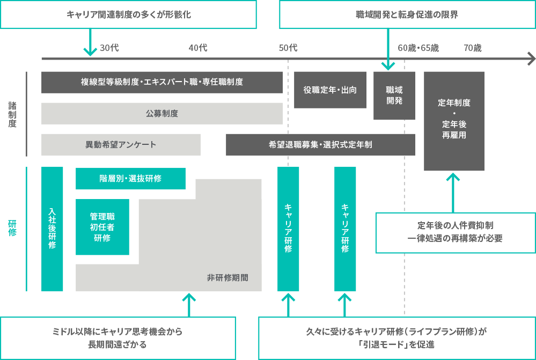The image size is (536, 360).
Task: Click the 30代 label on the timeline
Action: click(x=109, y=48)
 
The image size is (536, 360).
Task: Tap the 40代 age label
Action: click(x=198, y=48)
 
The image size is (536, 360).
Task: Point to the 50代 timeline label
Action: click(x=288, y=48)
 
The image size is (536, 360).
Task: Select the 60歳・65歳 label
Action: click(x=418, y=48)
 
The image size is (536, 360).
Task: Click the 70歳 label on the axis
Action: click(x=473, y=48)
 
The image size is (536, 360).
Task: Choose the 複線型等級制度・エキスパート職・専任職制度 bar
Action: click(x=161, y=82)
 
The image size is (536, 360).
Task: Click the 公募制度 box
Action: click(x=161, y=113)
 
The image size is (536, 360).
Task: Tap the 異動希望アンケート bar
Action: click(x=121, y=144)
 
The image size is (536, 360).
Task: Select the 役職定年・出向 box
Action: click(x=330, y=90)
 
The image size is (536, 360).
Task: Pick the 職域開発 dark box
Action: click(x=394, y=95)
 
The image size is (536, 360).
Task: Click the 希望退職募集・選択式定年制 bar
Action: click(x=320, y=144)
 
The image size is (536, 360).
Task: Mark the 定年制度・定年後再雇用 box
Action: click(x=454, y=121)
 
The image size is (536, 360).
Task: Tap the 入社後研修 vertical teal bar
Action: click(x=52, y=229)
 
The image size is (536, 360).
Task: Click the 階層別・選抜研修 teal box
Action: click(x=130, y=178)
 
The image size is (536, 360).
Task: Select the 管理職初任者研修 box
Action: click(x=102, y=227)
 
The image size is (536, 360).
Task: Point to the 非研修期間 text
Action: click(x=227, y=277)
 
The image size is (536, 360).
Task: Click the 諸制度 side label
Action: click(x=12, y=114)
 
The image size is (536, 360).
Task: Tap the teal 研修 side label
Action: click(x=12, y=228)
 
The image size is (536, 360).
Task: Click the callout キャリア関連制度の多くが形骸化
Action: click(x=128, y=14)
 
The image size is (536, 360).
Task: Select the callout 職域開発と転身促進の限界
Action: click(x=407, y=14)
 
